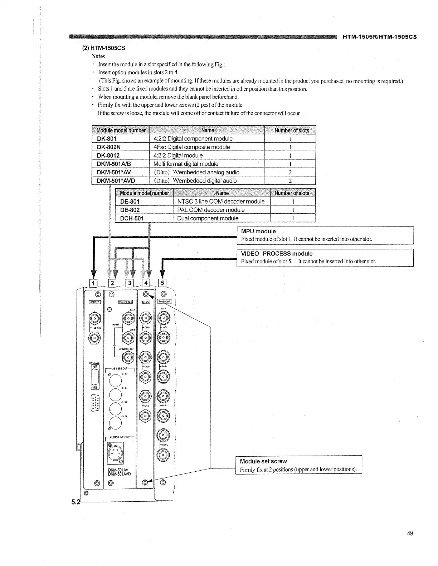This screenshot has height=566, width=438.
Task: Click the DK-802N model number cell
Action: (108, 147)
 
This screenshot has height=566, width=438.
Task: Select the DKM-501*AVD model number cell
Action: (116, 180)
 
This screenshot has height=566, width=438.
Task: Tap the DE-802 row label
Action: (130, 210)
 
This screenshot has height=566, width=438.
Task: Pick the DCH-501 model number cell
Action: (132, 218)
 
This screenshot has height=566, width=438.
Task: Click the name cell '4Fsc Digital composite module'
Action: (191, 147)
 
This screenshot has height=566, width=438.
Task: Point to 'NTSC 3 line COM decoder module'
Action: (221, 201)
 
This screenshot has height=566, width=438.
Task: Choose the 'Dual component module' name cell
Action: (208, 218)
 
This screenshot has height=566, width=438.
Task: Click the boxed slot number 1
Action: (93, 283)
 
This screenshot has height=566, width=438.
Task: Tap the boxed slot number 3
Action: (130, 283)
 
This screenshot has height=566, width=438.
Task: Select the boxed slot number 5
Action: (162, 283)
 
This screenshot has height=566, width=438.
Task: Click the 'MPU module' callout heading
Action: (258, 231)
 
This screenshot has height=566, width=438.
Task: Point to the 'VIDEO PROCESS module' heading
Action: (277, 253)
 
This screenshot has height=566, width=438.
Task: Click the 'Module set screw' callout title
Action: (263, 461)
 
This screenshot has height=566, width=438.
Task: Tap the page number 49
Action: (410, 533)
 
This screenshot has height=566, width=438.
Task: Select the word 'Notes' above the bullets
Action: (98, 56)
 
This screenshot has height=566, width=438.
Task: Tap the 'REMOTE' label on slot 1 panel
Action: (94, 302)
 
